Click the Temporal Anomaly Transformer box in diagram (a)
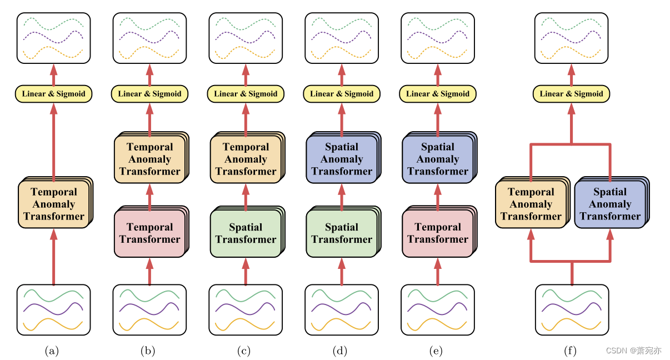pyautogui.click(x=54, y=204)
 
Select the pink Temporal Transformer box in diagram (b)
pyautogui.click(x=149, y=233)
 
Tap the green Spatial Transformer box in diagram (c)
pyautogui.click(x=246, y=233)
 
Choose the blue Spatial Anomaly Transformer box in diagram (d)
pyautogui.click(x=341, y=159)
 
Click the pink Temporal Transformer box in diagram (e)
pyautogui.click(x=437, y=233)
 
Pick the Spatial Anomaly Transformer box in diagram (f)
pyautogui.click(x=610, y=204)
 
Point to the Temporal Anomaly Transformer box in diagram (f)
pyautogui.click(x=531, y=204)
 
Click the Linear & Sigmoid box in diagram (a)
pyautogui.click(x=54, y=94)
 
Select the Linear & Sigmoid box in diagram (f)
pyautogui.click(x=571, y=94)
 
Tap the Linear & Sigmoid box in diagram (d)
pyautogui.click(x=342, y=94)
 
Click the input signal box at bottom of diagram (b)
pyautogui.click(x=149, y=310)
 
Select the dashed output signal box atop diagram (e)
pyautogui.click(x=437, y=38)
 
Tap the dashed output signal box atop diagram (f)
pyautogui.click(x=571, y=38)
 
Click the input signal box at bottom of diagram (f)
pyautogui.click(x=572, y=310)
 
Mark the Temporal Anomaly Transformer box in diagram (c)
pyautogui.click(x=246, y=159)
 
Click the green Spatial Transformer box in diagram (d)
pyautogui.click(x=341, y=233)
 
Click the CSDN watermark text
pyautogui.click(x=633, y=351)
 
